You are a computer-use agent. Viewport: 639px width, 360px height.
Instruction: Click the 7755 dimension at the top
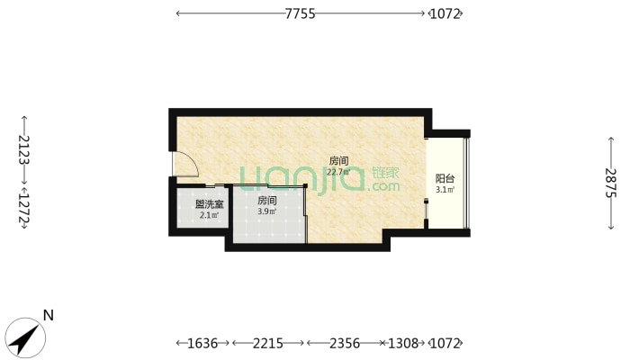[300, 13]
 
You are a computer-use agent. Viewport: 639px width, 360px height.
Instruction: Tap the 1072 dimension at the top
[445, 13]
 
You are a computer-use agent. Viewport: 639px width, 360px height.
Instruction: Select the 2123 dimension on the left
[24, 149]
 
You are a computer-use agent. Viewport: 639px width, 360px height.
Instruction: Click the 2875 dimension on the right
[610, 183]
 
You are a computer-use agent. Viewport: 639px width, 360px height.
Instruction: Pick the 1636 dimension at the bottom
[202, 343]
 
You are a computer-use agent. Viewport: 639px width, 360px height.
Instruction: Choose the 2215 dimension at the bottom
[267, 343]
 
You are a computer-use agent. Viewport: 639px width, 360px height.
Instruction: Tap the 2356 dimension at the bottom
[345, 343]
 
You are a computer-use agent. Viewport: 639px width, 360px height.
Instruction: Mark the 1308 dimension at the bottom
[402, 343]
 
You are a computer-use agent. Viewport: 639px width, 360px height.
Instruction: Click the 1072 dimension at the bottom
[445, 343]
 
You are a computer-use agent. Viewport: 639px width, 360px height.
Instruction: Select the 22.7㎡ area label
[338, 172]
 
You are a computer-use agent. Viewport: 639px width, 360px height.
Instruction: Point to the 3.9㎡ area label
[267, 211]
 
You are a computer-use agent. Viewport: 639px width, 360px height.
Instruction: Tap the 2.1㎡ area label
[209, 215]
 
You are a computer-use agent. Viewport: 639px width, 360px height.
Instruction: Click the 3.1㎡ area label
[445, 190]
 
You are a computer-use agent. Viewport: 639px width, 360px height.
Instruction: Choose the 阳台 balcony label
[445, 178]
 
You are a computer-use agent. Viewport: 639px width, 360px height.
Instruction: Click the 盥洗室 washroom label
[209, 204]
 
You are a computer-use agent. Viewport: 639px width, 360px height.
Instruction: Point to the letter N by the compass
[49, 315]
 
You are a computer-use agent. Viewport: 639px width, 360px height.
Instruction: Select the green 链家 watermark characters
[385, 173]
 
